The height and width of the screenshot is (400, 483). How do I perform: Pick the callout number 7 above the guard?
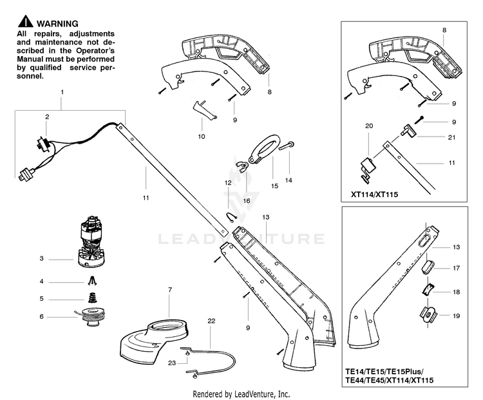(x=169, y=290)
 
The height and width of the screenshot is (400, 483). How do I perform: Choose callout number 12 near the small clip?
(x=227, y=184)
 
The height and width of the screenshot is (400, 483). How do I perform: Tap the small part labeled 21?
(x=408, y=132)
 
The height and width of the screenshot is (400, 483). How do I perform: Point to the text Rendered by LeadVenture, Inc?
(x=241, y=394)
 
